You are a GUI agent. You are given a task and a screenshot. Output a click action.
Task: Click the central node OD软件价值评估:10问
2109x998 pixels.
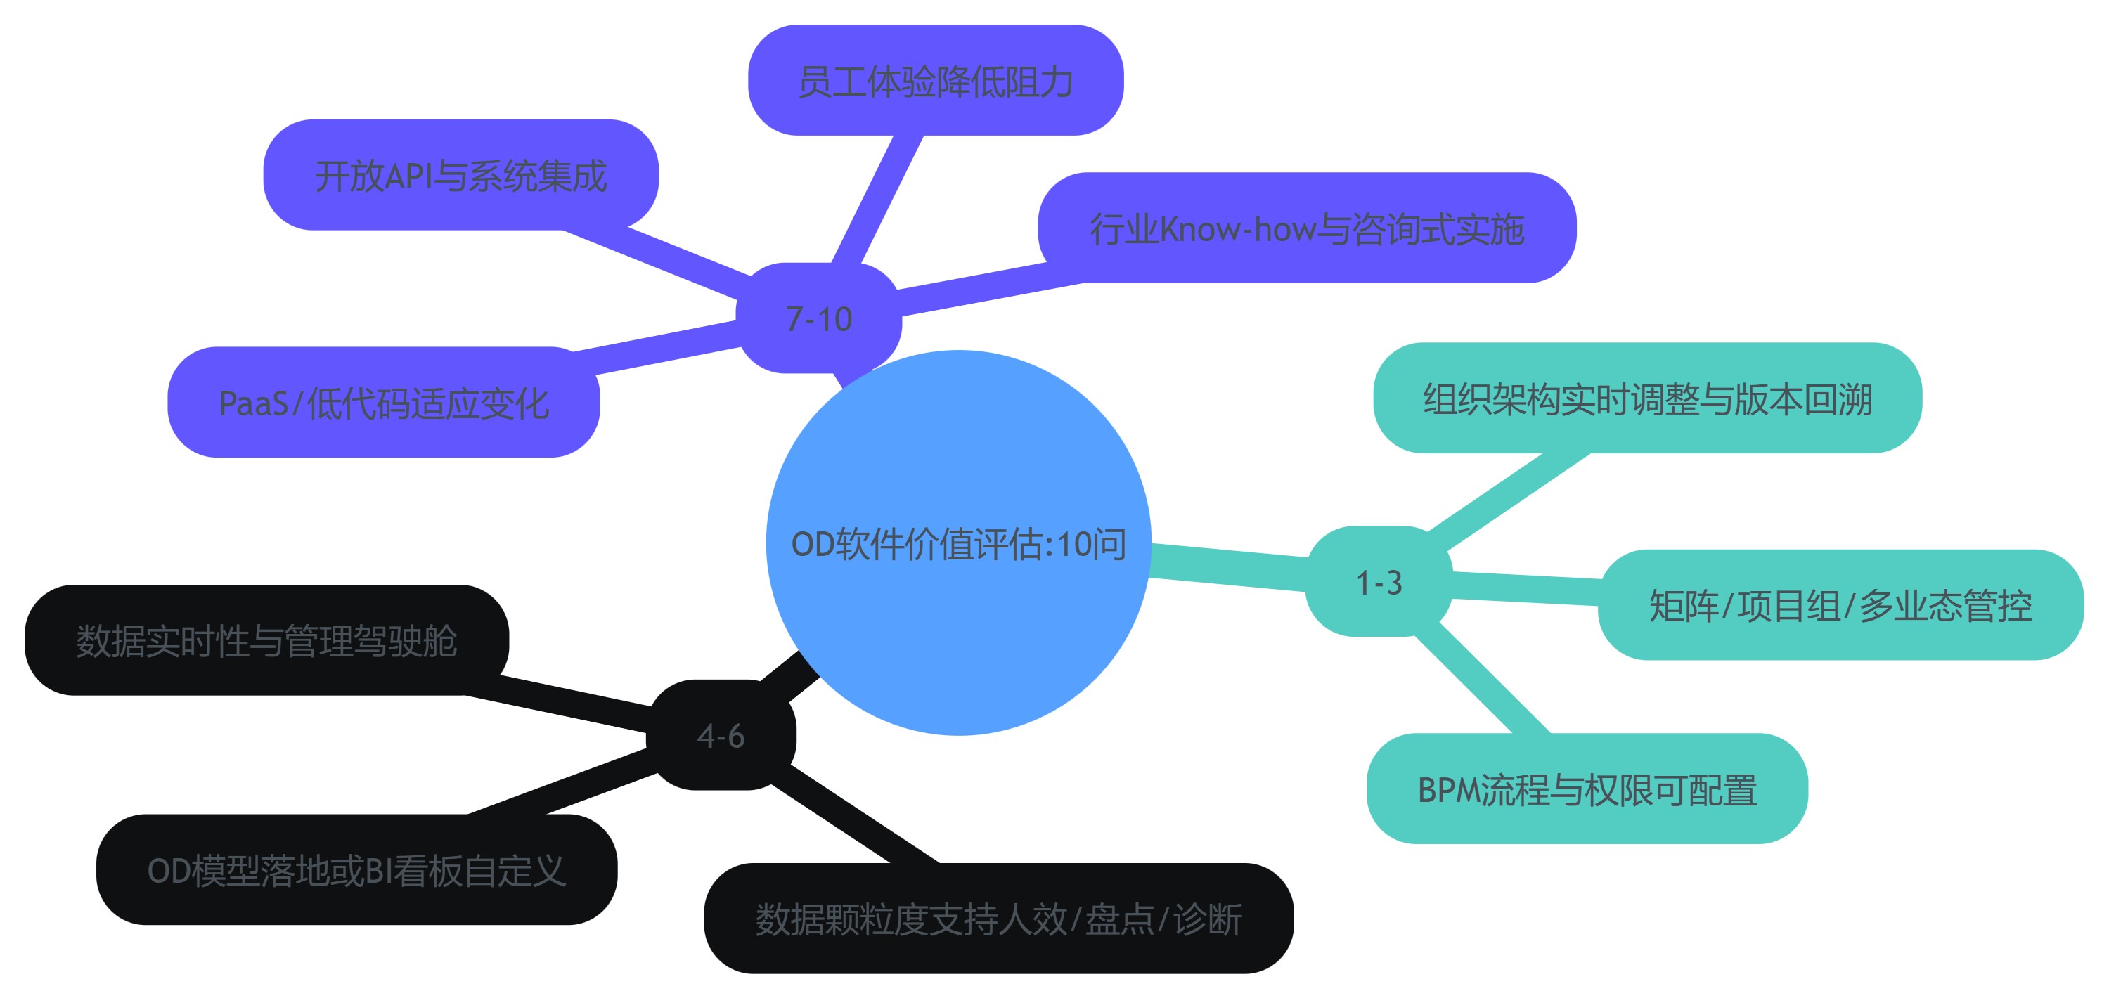coord(958,543)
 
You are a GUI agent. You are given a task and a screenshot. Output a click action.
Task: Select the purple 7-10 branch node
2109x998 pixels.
coord(819,318)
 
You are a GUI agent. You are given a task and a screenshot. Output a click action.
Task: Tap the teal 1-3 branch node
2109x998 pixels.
coord(1379,582)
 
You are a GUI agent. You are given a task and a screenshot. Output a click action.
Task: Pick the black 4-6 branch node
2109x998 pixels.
coord(721,735)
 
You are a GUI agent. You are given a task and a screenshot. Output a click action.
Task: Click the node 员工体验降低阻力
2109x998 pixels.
coord(935,81)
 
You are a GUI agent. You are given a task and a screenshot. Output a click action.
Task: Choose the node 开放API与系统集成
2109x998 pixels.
coord(460,175)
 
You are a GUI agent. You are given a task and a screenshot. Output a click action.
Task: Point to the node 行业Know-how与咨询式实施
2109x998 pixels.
coord(1307,228)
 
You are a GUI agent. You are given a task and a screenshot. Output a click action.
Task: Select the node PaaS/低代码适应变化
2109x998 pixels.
coord(383,402)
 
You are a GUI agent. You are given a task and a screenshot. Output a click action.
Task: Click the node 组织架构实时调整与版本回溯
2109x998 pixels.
coord(1647,398)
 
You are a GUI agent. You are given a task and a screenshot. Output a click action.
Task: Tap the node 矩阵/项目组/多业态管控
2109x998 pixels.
coord(1840,605)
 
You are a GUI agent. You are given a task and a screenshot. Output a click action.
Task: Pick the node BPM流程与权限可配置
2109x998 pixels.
coord(1587,789)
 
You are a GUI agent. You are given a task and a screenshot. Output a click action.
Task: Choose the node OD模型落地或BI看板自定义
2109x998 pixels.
coord(356,869)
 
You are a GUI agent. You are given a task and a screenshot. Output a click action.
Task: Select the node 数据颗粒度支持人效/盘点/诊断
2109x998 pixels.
coord(998,918)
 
